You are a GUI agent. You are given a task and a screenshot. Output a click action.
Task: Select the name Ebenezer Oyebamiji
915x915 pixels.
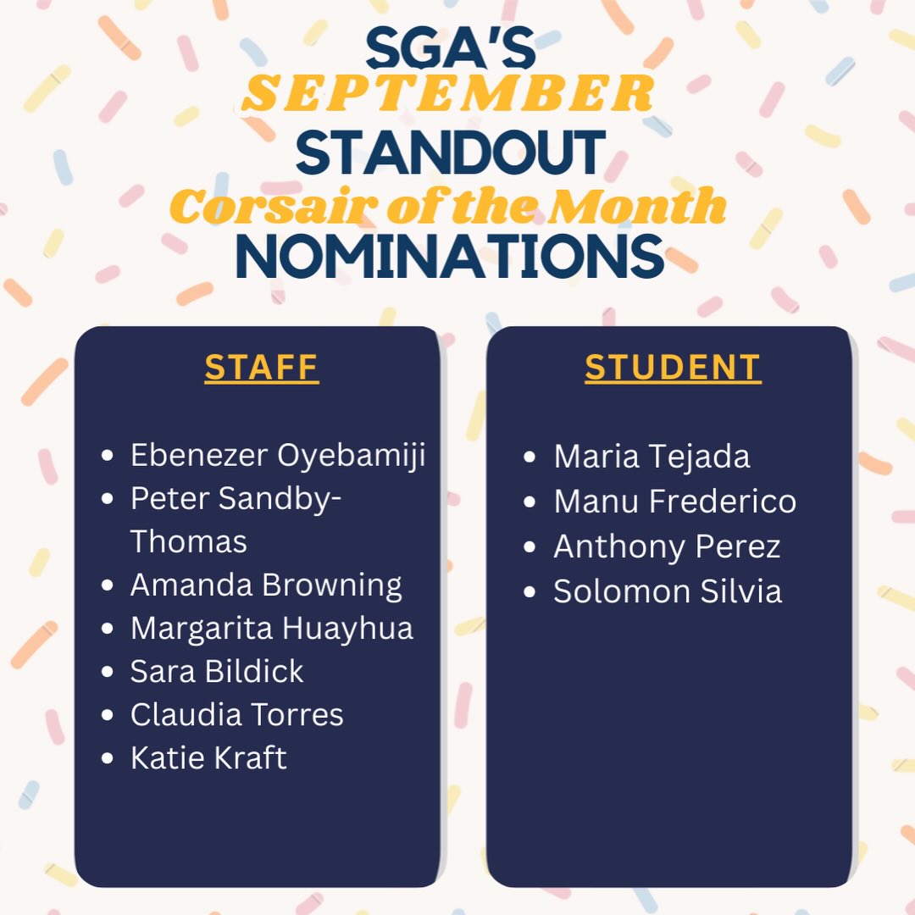point(277,456)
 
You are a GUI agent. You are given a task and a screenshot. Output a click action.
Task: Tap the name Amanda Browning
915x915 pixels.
point(266,585)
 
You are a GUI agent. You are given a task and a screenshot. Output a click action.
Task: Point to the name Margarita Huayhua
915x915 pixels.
point(271,629)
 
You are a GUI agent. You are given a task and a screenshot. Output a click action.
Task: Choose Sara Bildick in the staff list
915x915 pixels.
point(217,672)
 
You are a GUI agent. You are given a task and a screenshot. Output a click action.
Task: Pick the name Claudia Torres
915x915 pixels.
point(236,715)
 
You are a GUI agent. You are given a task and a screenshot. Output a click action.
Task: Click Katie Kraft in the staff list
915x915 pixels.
point(208,758)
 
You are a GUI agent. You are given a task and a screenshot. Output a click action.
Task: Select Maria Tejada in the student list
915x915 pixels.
point(652,457)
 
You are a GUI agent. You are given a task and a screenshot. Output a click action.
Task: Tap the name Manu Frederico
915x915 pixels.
point(674,502)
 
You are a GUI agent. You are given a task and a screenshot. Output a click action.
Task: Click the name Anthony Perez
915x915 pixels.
point(667,546)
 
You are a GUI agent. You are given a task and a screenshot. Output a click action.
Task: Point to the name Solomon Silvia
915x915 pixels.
point(668,591)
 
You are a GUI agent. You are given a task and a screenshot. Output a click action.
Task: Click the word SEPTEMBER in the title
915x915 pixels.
point(448,94)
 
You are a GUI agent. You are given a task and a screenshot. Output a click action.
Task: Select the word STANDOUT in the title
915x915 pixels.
point(450,152)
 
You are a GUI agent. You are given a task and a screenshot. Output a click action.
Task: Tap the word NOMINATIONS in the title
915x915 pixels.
point(450,256)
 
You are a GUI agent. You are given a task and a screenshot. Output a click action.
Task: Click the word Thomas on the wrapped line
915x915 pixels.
point(188,542)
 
